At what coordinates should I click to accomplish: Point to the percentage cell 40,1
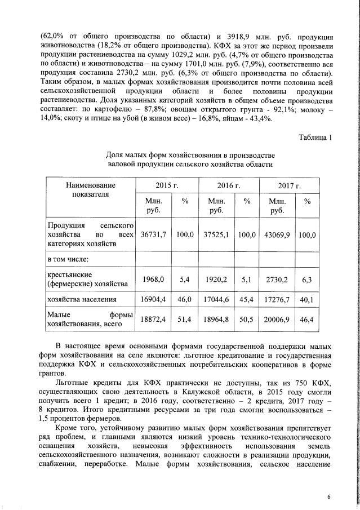(x=307, y=300)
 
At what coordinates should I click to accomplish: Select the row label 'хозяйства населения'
(x=82, y=300)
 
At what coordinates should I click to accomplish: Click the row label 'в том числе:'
(x=68, y=259)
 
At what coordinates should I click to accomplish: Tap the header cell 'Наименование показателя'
(x=90, y=189)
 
